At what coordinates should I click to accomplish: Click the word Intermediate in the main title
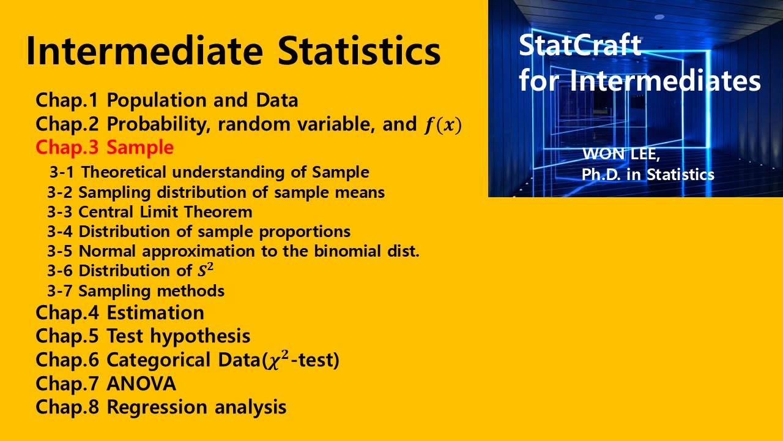click(146, 51)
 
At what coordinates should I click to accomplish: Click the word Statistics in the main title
click(359, 51)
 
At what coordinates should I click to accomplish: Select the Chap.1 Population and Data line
click(166, 100)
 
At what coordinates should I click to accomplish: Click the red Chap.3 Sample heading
click(105, 148)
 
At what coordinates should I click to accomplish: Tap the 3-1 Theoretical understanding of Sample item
click(209, 172)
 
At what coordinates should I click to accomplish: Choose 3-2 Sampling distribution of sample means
click(216, 192)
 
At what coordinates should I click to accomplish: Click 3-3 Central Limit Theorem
click(150, 212)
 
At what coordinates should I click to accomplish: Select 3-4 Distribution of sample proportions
click(199, 232)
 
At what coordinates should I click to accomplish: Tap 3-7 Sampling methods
click(136, 290)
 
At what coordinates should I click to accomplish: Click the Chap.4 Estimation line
click(120, 312)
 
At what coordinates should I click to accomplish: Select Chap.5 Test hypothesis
click(143, 336)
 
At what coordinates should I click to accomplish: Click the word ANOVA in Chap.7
click(141, 384)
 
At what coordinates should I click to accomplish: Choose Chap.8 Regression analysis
click(161, 407)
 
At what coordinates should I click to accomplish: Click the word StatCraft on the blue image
click(580, 46)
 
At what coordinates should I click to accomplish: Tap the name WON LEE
click(621, 154)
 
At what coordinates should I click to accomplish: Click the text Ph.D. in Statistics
click(648, 175)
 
